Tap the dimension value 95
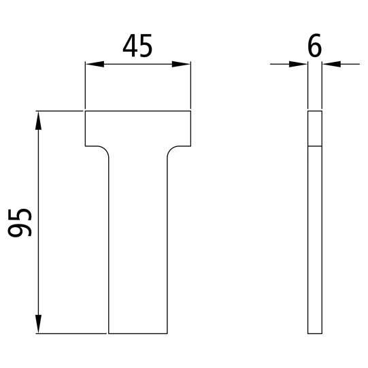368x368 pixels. click(x=22, y=222)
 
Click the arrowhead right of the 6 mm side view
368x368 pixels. click(x=331, y=65)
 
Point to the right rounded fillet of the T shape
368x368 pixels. click(x=171, y=149)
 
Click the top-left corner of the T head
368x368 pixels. click(x=84, y=111)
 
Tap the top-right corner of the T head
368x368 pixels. click(x=190, y=111)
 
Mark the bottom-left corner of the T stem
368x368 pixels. click(x=109, y=333)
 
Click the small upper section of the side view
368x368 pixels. click(x=314, y=129)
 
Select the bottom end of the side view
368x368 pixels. click(x=314, y=333)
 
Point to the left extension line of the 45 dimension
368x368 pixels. click(x=84, y=85)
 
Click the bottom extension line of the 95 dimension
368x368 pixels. click(x=71, y=333)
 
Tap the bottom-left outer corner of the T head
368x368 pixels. click(x=84, y=145)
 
